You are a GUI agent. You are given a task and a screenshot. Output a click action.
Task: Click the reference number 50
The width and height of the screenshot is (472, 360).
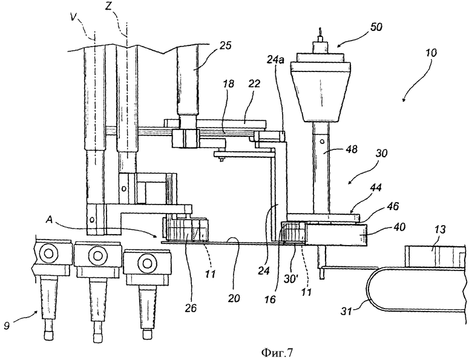point(376,27)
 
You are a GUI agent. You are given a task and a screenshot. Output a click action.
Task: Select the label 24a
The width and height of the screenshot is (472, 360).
point(275,60)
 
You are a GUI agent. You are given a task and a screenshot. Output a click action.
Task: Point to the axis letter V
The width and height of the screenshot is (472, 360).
point(73,17)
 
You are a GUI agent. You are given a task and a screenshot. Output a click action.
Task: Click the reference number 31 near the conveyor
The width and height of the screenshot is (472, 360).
point(347,311)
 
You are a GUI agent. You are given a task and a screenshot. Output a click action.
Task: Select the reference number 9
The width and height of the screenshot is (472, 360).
point(7,326)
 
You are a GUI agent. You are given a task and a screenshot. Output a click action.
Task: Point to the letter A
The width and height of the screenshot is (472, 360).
point(50,220)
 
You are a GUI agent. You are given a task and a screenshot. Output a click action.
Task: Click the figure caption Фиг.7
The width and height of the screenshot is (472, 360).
point(277,352)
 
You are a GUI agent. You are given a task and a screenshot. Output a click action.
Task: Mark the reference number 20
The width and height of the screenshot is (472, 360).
point(234,298)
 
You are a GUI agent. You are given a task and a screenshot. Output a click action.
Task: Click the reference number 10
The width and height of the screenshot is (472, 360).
point(431,53)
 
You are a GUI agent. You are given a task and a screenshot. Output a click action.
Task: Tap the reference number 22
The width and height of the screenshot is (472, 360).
point(254,83)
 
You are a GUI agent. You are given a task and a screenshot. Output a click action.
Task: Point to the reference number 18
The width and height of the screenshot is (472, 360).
point(229,83)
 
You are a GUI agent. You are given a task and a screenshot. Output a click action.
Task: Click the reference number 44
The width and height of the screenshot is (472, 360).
point(375,188)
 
